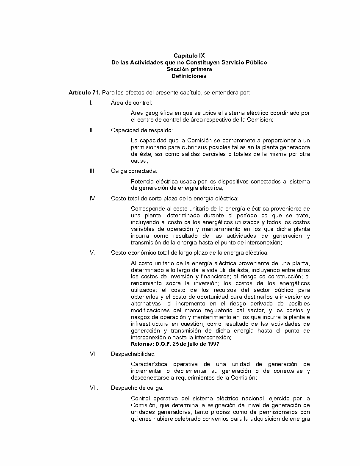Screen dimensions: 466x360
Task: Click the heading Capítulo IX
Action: point(189,55)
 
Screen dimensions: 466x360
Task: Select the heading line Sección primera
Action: point(189,69)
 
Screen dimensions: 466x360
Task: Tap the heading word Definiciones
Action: point(189,76)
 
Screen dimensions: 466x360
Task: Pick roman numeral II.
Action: point(91,130)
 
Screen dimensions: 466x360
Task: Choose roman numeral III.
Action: point(92,171)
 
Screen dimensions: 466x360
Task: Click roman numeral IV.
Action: point(93,198)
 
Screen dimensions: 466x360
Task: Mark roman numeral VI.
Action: point(93,353)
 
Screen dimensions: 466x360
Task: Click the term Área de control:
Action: point(132,103)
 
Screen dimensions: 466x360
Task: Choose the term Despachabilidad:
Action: point(133,353)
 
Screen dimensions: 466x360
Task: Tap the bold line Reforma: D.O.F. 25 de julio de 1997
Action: point(175,344)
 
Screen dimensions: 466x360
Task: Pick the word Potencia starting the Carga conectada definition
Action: point(142,181)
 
